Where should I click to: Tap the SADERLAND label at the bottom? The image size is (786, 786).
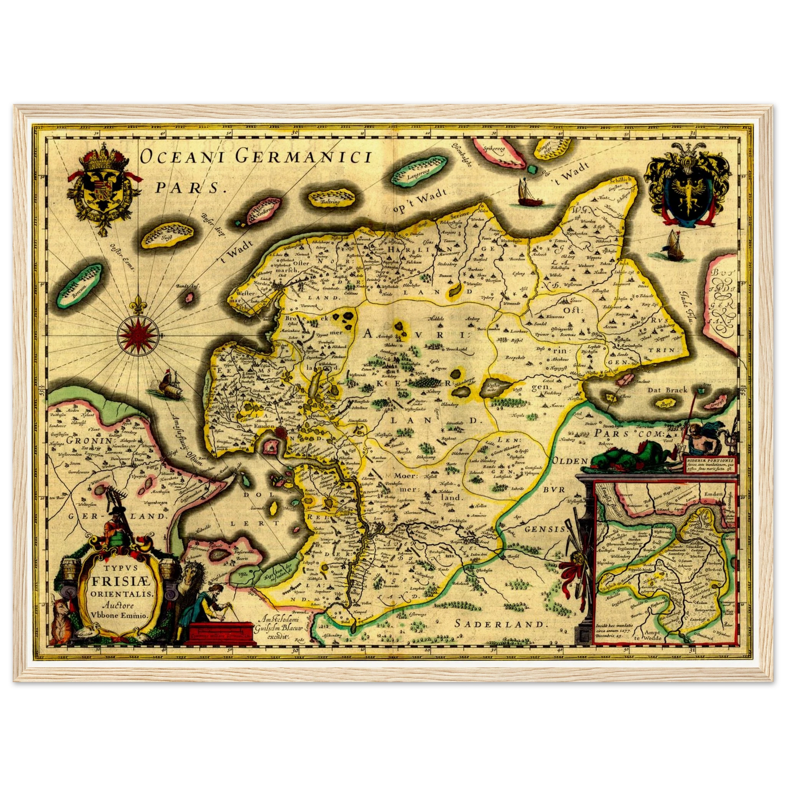[499, 624]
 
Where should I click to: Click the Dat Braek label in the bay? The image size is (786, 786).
[666, 389]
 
